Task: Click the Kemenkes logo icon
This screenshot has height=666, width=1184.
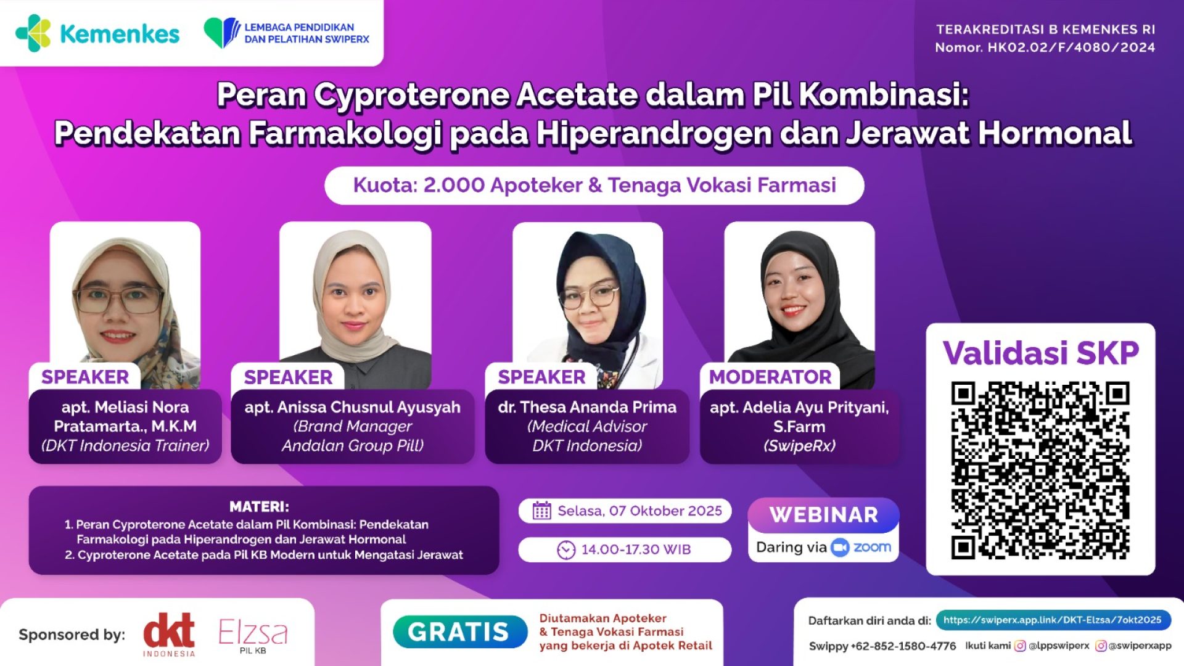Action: [x=33, y=33]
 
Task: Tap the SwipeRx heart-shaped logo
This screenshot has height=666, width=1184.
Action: [x=221, y=33]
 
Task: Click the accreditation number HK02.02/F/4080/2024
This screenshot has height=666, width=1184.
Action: [x=1071, y=47]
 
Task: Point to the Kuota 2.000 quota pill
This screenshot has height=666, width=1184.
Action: [x=594, y=185]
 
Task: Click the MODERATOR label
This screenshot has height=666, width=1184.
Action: [x=770, y=377]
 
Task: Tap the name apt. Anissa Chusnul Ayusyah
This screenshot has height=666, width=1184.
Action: [x=352, y=408]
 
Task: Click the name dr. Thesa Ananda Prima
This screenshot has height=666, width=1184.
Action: [x=587, y=408]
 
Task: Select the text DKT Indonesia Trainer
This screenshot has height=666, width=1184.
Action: [x=125, y=446]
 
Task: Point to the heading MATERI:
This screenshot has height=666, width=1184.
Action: [x=259, y=507]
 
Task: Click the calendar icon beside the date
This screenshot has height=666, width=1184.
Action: [x=541, y=511]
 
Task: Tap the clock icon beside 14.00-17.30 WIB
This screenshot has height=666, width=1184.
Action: [x=565, y=549]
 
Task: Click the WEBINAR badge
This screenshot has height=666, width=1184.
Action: [x=823, y=515]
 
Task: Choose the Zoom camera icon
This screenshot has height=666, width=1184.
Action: [x=840, y=547]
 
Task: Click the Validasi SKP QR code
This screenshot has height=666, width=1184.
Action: [x=1040, y=471]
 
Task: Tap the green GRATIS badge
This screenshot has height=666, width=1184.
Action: [x=459, y=632]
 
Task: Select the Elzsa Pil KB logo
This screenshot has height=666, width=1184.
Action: [x=253, y=635]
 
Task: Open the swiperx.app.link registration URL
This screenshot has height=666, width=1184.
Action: [x=1052, y=620]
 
